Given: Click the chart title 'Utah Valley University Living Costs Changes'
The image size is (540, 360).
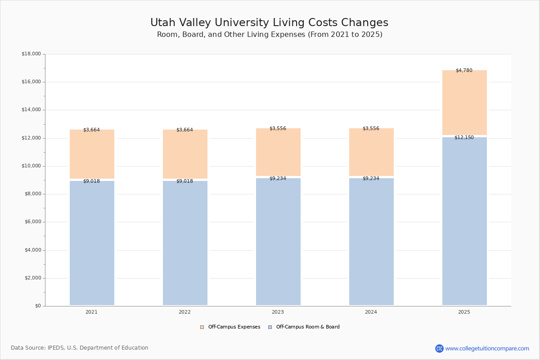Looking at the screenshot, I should (x=269, y=23).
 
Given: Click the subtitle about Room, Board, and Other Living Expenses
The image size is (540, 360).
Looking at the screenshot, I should (x=270, y=35).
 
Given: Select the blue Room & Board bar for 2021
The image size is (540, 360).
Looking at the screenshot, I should (x=92, y=243).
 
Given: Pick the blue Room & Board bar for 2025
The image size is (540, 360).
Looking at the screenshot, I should (x=464, y=220).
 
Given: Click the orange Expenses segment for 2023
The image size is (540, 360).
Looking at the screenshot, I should (x=278, y=153).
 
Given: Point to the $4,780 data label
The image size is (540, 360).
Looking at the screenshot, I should (x=464, y=71).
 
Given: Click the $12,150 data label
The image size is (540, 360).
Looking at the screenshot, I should (x=464, y=138).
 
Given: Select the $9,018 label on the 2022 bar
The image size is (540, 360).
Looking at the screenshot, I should (x=184, y=181).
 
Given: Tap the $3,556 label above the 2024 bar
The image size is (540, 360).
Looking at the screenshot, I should (x=371, y=129).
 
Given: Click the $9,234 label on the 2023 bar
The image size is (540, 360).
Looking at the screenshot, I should (x=278, y=179).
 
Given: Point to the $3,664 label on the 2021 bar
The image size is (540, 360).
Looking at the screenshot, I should (x=91, y=130).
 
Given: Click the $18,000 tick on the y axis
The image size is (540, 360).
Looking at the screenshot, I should (x=31, y=54).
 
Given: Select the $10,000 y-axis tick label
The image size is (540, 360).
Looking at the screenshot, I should (x=31, y=166).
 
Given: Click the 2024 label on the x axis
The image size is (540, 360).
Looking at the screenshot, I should (x=371, y=312).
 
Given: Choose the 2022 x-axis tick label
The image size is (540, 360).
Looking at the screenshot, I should (x=184, y=312).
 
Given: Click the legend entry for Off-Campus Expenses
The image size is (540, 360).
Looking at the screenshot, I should (x=230, y=327).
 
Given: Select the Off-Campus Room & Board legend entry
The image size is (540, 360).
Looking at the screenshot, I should (x=304, y=327).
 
